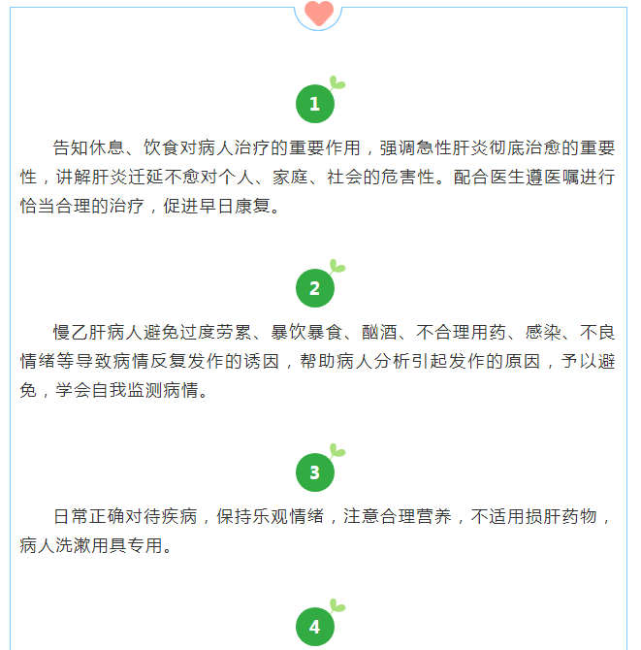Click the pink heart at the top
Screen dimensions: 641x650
tap(319, 13)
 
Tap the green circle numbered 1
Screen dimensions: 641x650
tap(315, 104)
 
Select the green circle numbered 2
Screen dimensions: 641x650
tap(315, 288)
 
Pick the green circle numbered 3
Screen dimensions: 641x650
tap(315, 472)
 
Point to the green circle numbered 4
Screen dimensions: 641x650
tap(315, 627)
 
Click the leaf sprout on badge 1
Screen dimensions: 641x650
tap(337, 82)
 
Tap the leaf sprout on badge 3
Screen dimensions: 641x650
tap(337, 450)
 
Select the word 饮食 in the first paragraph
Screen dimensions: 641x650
tap(161, 147)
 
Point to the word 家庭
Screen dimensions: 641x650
tap(290, 177)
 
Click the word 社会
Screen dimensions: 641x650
tap(344, 177)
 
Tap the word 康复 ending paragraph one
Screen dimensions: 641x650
tap(252, 206)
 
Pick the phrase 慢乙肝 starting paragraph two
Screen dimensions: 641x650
tap(80, 332)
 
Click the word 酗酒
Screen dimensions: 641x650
tap(379, 332)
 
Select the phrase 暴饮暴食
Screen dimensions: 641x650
tap(306, 332)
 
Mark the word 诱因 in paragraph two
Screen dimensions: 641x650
tap(261, 361)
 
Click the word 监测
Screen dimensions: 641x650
tap(145, 390)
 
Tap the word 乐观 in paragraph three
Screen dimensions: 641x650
tap(271, 516)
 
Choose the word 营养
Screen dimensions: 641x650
tap(433, 516)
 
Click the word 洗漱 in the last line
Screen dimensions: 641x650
tap(73, 545)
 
